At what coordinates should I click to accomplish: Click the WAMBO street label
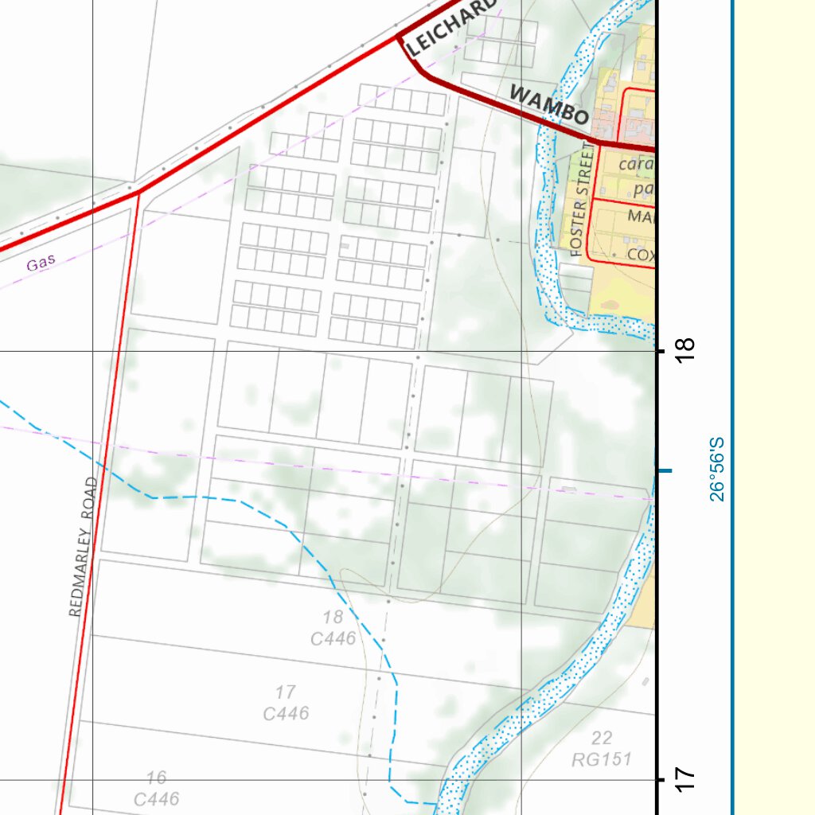point(549,104)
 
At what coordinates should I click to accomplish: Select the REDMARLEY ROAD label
point(83,548)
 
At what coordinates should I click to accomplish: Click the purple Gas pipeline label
point(41,263)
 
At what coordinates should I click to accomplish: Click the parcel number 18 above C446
point(333,617)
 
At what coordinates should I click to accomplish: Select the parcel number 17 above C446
point(286,692)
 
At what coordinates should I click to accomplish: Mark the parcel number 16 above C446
point(157,778)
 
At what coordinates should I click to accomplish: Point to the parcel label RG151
point(602,759)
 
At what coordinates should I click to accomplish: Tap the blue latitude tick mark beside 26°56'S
point(664,471)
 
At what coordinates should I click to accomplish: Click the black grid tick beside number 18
point(660,351)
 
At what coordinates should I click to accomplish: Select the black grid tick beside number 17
point(660,780)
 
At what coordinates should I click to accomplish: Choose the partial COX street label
point(641,255)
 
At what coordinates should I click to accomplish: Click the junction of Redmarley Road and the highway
point(138,192)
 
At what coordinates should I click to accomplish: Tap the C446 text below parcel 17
point(286,714)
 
